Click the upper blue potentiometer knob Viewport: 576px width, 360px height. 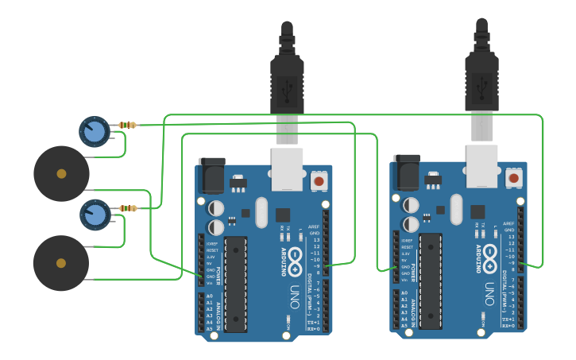coord(95,130)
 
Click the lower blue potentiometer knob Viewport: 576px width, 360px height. coord(95,214)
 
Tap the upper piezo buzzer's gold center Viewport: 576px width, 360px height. coord(61,173)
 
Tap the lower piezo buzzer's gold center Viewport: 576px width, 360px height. coord(61,263)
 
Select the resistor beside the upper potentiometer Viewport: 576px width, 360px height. coord(127,125)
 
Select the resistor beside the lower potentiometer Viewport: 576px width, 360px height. coord(128,208)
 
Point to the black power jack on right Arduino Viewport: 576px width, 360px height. coord(407,172)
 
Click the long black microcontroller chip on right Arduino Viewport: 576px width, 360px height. coord(431,280)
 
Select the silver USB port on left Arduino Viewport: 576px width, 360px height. coord(287,168)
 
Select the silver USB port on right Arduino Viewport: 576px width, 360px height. coord(481,165)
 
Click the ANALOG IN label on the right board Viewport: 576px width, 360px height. coord(414,310)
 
